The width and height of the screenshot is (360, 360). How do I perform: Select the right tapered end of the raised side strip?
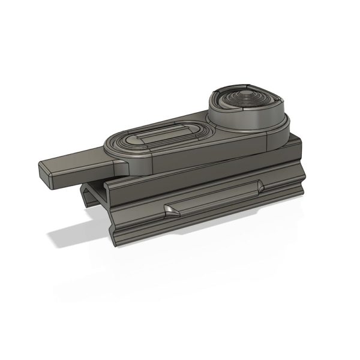[x=259, y=188]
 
